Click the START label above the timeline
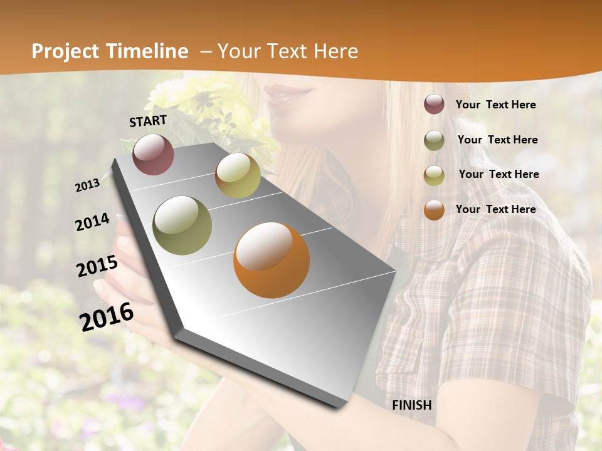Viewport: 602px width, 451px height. [148, 121]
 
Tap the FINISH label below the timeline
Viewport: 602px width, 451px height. [412, 405]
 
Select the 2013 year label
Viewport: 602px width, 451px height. [87, 185]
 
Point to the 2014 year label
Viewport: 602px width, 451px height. [92, 222]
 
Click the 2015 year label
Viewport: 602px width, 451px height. [97, 266]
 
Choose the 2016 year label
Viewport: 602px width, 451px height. [107, 317]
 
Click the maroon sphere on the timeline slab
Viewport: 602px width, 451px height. [153, 154]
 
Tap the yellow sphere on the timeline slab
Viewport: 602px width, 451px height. [238, 175]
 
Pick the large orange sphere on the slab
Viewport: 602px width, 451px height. [272, 260]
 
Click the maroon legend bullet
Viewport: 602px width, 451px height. [434, 105]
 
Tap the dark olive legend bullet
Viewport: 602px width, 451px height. [434, 140]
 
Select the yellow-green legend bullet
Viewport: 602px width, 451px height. [434, 175]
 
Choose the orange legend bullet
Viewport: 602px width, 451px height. [434, 210]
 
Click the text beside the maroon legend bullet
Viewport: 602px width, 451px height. [495, 105]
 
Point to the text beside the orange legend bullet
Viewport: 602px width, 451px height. [495, 209]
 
